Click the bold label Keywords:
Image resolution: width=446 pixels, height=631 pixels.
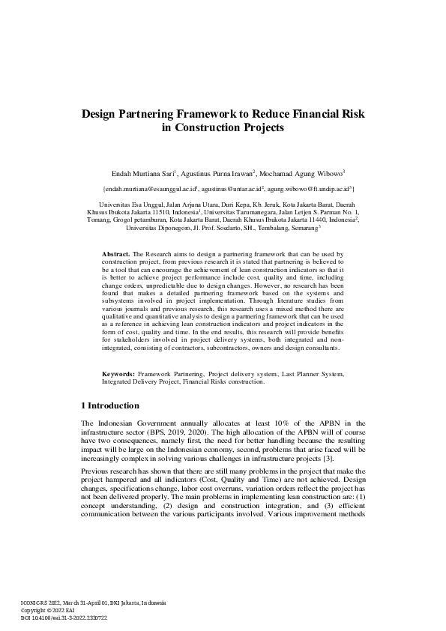(118, 373)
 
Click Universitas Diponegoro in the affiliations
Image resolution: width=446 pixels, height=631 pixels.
(161, 226)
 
